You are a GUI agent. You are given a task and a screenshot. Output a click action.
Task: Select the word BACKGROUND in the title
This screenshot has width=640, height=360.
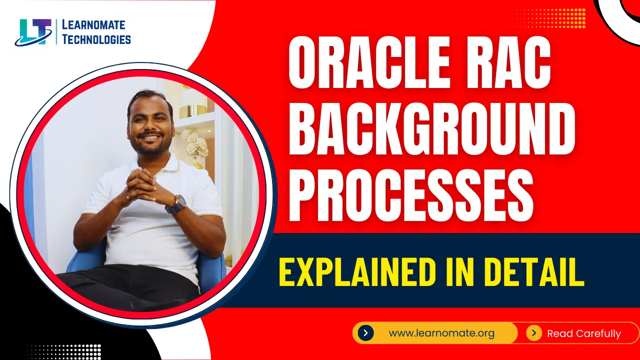point(432,129)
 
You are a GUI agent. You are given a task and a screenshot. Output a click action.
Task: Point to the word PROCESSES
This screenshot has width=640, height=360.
point(411,195)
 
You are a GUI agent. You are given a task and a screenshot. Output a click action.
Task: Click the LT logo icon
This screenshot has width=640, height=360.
point(33,32)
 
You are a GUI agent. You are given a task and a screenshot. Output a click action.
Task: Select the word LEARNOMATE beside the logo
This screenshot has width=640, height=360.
point(93,25)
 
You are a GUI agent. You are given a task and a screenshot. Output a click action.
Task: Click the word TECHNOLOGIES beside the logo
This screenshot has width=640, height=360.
point(96,39)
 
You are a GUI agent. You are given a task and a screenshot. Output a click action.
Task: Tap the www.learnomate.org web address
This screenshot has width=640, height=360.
point(441,333)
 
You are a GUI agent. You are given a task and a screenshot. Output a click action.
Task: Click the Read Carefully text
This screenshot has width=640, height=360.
point(583,333)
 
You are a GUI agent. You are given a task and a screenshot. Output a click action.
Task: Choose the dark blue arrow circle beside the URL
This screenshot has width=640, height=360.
point(365,333)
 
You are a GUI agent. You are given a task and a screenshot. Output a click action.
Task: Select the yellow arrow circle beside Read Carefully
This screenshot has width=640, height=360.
point(533,333)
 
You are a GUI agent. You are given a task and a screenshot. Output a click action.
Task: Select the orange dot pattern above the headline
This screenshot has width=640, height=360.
point(548,18)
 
